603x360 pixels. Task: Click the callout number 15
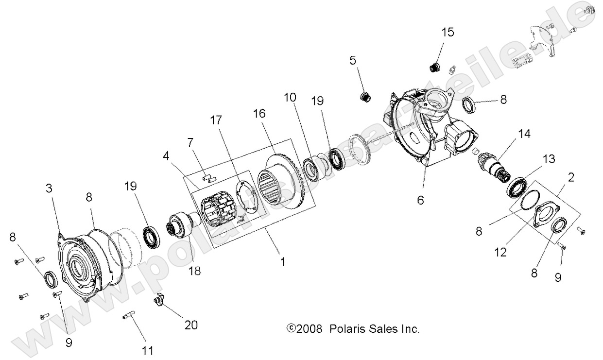point(448,32)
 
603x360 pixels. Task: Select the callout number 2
point(571,177)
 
